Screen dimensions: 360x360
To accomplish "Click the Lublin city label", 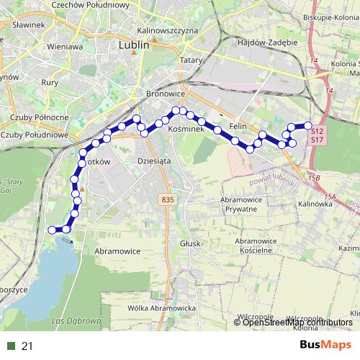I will tap(132, 45).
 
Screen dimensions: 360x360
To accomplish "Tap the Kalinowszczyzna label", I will tap(166, 32).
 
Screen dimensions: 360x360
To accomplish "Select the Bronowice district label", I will tap(166, 94).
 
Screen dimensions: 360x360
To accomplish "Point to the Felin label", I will tap(238, 125).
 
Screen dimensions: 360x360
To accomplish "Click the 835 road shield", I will tap(168, 199).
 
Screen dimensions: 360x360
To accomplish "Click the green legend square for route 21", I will tap(11, 346).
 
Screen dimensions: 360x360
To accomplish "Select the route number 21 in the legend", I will tap(27, 346).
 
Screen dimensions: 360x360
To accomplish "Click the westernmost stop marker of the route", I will tap(51, 230).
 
